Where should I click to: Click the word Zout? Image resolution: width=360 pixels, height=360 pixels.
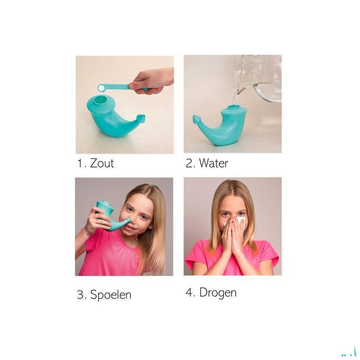pyautogui.click(x=102, y=163)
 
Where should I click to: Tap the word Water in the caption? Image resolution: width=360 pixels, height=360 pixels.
pyautogui.click(x=214, y=163)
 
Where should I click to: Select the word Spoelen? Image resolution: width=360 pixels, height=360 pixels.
pyautogui.click(x=111, y=294)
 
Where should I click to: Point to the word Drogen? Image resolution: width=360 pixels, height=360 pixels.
pyautogui.click(x=218, y=293)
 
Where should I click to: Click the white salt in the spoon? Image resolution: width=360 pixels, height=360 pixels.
pyautogui.click(x=101, y=88)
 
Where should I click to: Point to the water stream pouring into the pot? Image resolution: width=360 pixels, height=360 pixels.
pyautogui.click(x=235, y=99)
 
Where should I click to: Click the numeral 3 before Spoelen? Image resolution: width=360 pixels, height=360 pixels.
pyautogui.click(x=80, y=294)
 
